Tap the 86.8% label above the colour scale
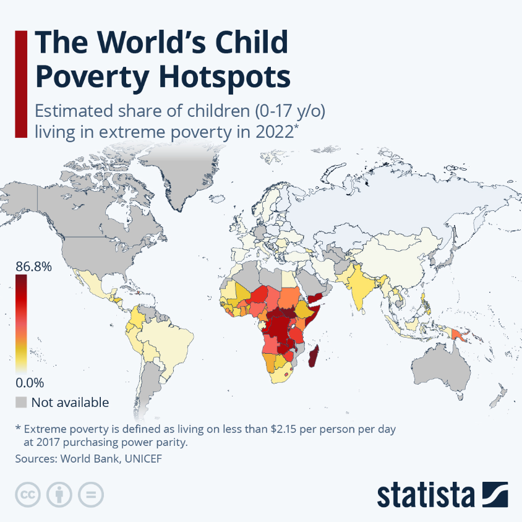(x=34, y=267)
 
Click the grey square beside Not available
(x=22, y=403)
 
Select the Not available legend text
(x=70, y=403)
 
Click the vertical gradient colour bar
(x=22, y=324)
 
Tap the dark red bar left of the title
(x=20, y=83)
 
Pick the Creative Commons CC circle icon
(x=27, y=495)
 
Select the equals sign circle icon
(x=91, y=495)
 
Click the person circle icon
(x=59, y=495)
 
